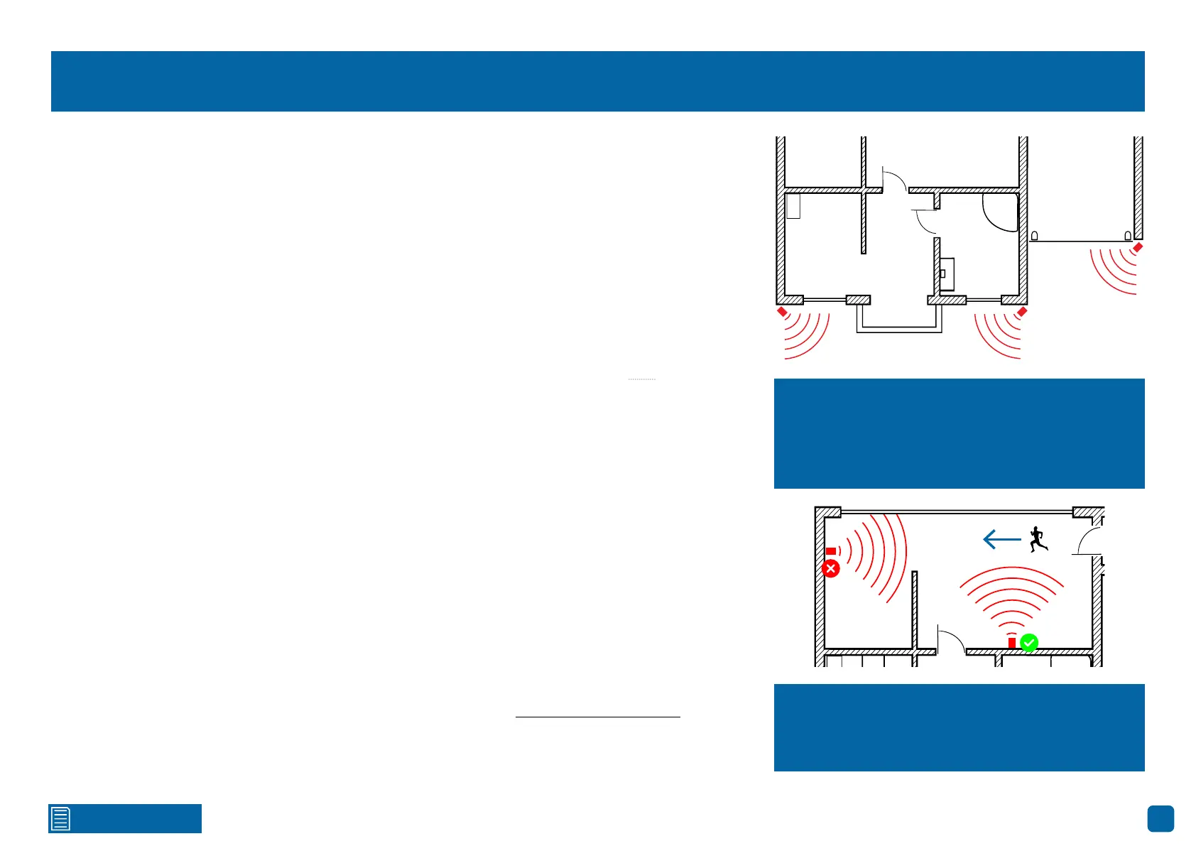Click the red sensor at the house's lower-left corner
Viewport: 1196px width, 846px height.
782,312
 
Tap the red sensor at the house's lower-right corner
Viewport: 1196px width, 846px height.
1022,312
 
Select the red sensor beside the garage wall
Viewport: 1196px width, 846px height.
1138,247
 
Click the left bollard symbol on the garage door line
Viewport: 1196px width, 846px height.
1035,236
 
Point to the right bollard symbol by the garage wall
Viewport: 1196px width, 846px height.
1128,236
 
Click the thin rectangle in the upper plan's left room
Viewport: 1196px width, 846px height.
793,206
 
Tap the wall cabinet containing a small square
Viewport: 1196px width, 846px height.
947,274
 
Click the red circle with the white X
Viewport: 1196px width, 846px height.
830,568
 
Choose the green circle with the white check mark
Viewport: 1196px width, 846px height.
1029,643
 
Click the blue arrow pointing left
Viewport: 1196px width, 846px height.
1001,540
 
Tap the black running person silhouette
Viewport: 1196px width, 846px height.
1038,540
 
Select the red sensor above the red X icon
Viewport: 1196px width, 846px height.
830,551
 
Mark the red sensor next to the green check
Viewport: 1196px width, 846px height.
1012,643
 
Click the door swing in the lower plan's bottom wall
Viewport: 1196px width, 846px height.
950,639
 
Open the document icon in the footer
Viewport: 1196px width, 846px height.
60,818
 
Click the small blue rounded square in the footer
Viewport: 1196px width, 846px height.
1160,818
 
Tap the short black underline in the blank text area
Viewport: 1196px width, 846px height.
597,717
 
